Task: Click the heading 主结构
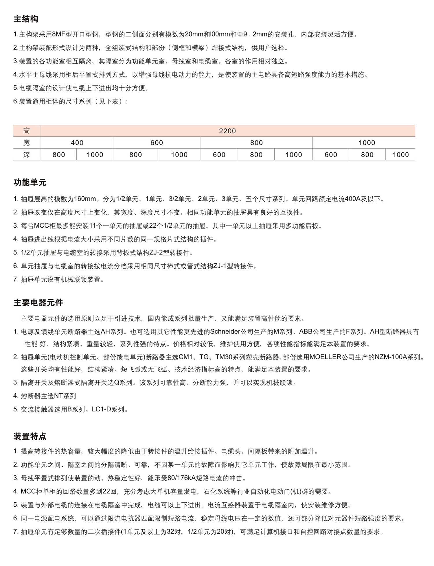point(26,19)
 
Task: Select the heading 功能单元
point(30,182)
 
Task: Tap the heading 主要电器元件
point(38,303)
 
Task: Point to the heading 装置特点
point(30,436)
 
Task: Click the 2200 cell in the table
point(227,131)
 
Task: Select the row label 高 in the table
point(27,131)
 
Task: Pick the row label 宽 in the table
point(27,143)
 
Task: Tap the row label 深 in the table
point(27,155)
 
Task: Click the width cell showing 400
point(77,143)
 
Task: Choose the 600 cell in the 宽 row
point(157,143)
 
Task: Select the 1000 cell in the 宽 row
point(367,143)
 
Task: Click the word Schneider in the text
point(225,331)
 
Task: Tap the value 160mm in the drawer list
point(85,199)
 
